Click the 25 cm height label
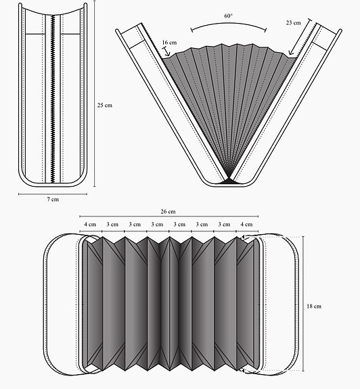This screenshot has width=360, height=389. coord(105,106)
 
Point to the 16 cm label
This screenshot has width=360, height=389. coord(169,43)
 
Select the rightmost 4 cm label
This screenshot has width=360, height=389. coord(246,224)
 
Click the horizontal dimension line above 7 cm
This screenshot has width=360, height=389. coord(52,194)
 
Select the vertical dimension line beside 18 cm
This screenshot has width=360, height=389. coord(305,304)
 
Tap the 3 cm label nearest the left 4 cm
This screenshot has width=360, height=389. coord(112,224)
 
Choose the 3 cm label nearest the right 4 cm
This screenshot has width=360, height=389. coord(223,224)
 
